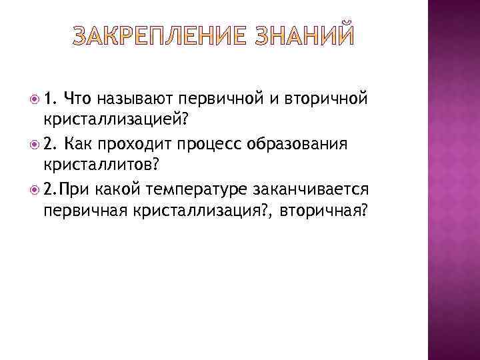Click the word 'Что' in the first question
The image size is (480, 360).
[78, 100]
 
